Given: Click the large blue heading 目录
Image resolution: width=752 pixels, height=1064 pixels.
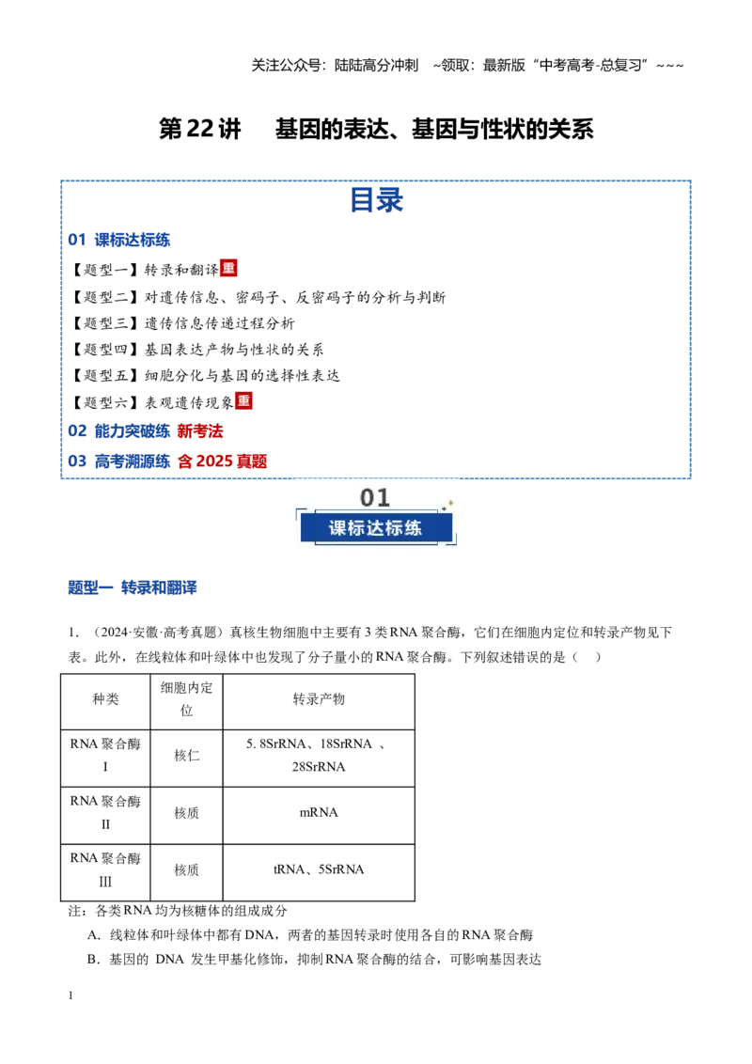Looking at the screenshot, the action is tap(377, 200).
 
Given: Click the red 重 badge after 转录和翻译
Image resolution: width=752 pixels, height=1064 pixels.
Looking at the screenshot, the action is tap(228, 268).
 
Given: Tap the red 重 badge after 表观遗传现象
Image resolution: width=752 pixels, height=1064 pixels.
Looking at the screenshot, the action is tap(243, 401).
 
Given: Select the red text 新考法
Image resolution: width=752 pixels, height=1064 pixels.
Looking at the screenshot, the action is tap(200, 430).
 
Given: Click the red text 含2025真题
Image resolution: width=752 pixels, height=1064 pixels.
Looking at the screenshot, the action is tap(222, 462).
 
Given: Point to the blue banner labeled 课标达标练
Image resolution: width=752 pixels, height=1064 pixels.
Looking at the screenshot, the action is tap(376, 528).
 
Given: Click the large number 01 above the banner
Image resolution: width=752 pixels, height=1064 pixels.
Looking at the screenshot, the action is tap(375, 497).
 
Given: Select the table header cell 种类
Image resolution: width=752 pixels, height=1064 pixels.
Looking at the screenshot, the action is tap(105, 699).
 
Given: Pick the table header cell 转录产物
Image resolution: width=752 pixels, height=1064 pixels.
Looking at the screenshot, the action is tap(319, 699).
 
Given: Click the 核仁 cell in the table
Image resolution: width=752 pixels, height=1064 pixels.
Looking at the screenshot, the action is tap(187, 756).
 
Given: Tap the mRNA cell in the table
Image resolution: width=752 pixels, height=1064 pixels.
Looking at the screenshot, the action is tap(319, 812).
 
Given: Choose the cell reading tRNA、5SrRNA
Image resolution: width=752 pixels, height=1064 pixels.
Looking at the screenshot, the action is tap(319, 869).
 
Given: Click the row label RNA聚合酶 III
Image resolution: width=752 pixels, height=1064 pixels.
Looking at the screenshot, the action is tap(105, 869).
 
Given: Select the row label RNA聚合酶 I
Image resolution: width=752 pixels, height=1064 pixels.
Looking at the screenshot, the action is tap(105, 756).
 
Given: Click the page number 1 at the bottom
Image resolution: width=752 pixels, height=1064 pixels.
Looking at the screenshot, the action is tap(70, 995).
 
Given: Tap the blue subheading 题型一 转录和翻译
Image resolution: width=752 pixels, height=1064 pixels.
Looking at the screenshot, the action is tap(133, 587).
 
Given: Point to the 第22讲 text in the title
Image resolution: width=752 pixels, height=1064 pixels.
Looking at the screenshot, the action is tap(199, 128).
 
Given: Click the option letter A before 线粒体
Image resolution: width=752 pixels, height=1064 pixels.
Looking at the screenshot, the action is tap(93, 935).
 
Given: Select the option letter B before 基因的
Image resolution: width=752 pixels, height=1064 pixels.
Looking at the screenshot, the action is tap(93, 960).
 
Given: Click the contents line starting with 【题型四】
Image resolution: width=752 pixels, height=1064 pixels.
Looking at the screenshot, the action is tap(196, 350).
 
